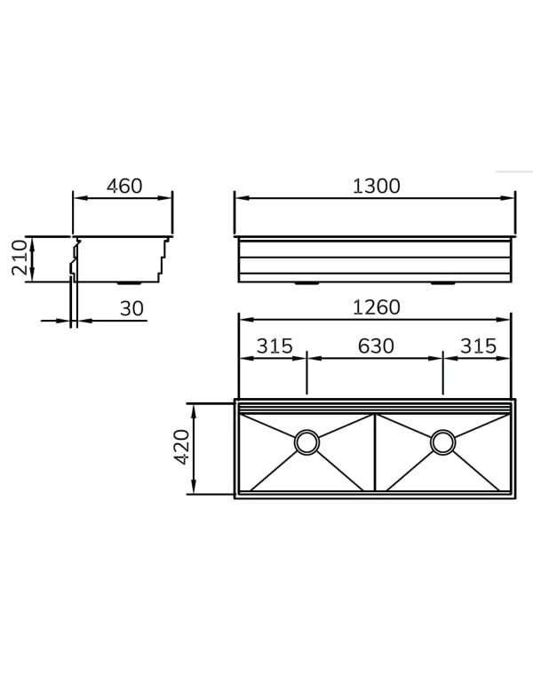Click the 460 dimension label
coord(124,187)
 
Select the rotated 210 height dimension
coord(19,258)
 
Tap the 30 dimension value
coord(131,307)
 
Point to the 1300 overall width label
coord(376,187)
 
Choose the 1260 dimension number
coord(376,307)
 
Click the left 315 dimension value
coord(274,346)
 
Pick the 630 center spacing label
coord(376,346)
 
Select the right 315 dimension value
coord(478,346)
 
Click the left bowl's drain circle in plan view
coord(306,441)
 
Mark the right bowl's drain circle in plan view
coord(442,441)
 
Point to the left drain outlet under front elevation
coord(306,284)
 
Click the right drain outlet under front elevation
coord(442,284)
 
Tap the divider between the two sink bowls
coord(375,451)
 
